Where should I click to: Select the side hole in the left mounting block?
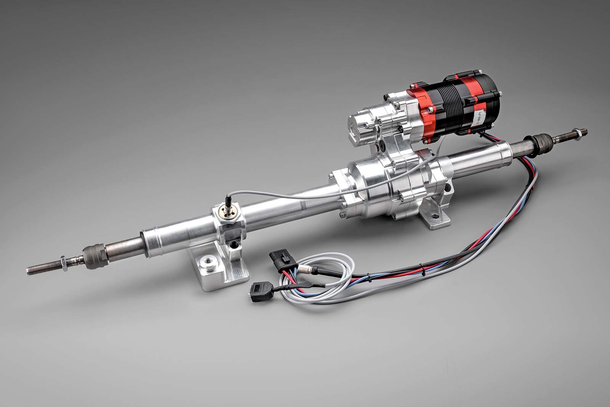click(x=233, y=244)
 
